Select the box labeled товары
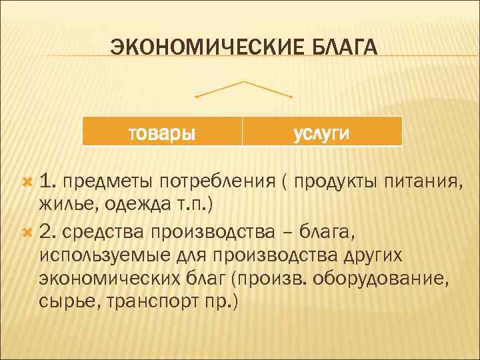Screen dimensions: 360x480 coord(162,132)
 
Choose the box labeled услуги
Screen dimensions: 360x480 coord(322,132)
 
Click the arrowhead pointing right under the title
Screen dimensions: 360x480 coord(292,97)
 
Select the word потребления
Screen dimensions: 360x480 coord(211,181)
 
